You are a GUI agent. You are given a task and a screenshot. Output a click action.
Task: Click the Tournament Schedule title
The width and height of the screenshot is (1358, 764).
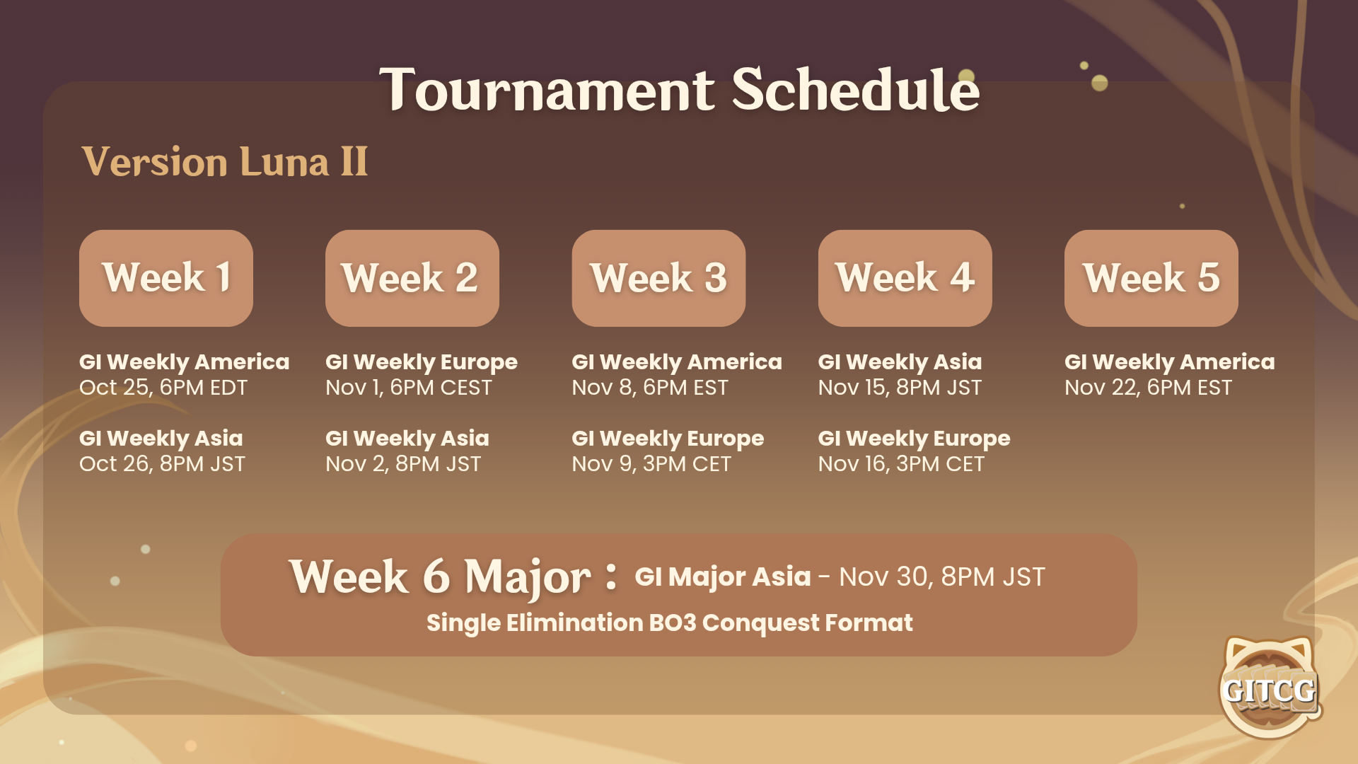679,90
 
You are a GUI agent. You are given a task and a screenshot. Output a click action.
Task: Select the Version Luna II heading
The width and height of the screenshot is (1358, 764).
224,162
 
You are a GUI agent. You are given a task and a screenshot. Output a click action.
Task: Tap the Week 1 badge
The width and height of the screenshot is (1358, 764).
166,278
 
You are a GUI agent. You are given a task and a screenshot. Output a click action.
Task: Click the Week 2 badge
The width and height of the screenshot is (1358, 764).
412,278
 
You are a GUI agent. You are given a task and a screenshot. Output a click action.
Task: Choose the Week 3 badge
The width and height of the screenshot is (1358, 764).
658,278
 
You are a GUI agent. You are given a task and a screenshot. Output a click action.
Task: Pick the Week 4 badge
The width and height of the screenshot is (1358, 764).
905,278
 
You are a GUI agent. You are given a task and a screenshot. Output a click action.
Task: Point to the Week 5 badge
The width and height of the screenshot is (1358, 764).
1151,278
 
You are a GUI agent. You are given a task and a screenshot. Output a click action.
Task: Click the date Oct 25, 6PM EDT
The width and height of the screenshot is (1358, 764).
163,388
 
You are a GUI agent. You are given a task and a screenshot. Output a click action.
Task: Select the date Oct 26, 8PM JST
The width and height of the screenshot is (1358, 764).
162,464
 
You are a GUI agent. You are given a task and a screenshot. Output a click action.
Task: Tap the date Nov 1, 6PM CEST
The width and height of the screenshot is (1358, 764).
409,388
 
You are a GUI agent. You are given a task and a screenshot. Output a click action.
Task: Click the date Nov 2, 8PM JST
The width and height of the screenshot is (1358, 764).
403,464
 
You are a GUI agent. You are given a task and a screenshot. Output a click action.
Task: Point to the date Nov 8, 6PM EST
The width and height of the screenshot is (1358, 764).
650,388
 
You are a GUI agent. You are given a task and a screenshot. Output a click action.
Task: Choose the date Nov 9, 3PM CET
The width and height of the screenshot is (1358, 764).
651,464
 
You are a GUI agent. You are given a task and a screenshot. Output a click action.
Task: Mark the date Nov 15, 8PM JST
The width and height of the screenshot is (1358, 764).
900,388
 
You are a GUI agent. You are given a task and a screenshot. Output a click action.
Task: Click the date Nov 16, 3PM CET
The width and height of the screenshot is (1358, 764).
901,464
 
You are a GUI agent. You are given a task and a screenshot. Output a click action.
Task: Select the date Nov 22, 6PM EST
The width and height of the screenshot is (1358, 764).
1148,388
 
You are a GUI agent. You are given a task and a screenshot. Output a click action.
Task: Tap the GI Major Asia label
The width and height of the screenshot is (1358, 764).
723,577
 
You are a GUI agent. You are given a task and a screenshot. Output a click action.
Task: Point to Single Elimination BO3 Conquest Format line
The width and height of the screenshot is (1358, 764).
670,623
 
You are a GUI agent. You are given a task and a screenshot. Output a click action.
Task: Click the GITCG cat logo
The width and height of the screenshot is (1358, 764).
1270,687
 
